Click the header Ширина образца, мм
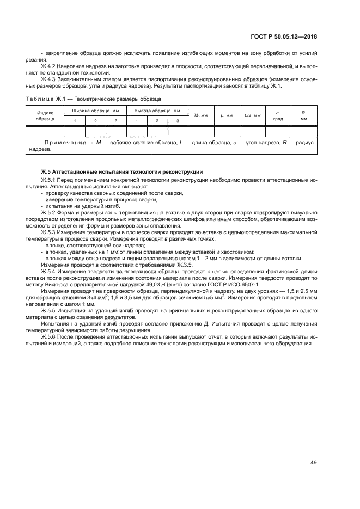[96, 110]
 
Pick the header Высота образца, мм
[157, 110]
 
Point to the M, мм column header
[201, 115]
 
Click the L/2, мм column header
[252, 115]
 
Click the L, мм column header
[227, 115]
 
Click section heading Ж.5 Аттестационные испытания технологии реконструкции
[121, 171]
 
